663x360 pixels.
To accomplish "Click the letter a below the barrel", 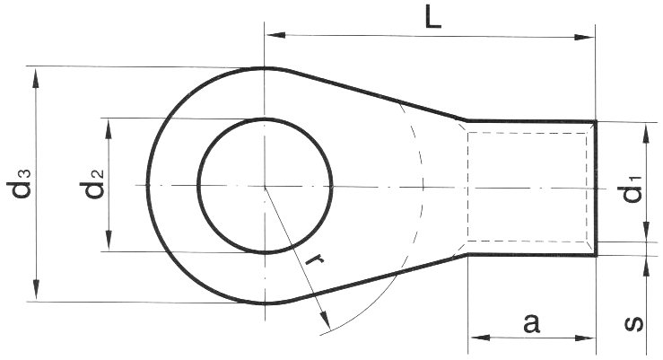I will [531, 323].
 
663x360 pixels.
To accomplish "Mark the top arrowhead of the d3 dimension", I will [37, 75].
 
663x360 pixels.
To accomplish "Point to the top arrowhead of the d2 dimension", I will [109, 126].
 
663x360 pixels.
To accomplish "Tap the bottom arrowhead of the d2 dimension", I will [109, 244].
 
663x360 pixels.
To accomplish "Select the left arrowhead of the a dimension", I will [476, 338].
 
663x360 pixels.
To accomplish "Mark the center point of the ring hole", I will [265, 185].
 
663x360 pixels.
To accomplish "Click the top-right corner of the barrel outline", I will [595, 120].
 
